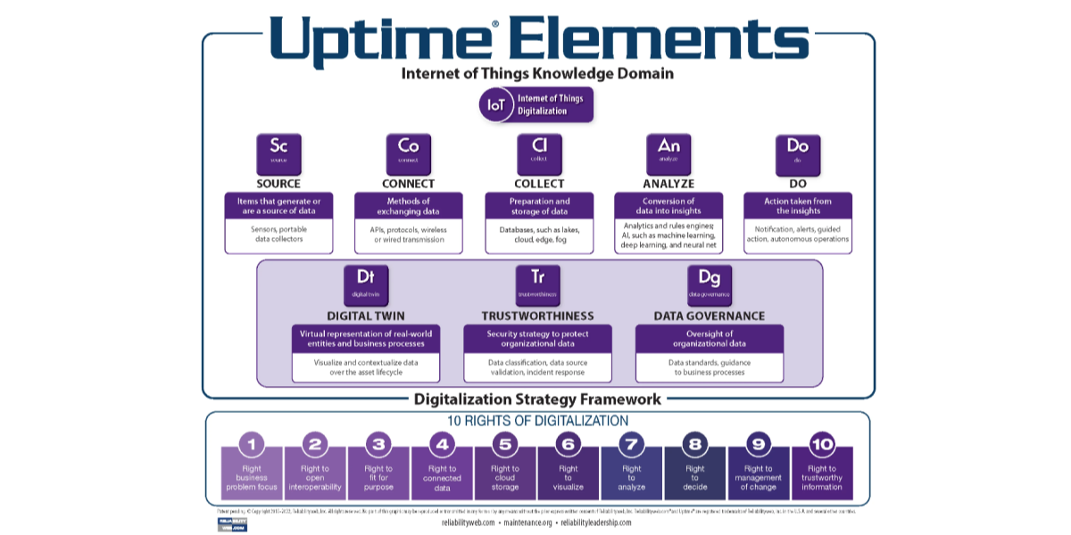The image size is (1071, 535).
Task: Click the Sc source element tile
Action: [x=278, y=153]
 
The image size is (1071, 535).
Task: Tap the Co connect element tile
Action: [x=408, y=153]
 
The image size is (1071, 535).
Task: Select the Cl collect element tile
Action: [x=539, y=153]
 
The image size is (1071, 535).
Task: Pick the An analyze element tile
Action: [x=668, y=153]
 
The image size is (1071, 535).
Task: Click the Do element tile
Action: [x=797, y=153]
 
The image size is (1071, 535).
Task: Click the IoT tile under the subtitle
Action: [x=495, y=105]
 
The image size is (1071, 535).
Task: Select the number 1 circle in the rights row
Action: [x=252, y=444]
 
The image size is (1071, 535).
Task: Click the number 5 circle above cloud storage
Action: [x=504, y=444]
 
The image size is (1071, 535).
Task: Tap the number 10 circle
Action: [x=821, y=444]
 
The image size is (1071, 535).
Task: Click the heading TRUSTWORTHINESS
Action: [x=537, y=316]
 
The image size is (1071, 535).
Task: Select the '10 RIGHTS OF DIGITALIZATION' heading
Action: [x=537, y=420]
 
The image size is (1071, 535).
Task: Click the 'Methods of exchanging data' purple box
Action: [x=408, y=206]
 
